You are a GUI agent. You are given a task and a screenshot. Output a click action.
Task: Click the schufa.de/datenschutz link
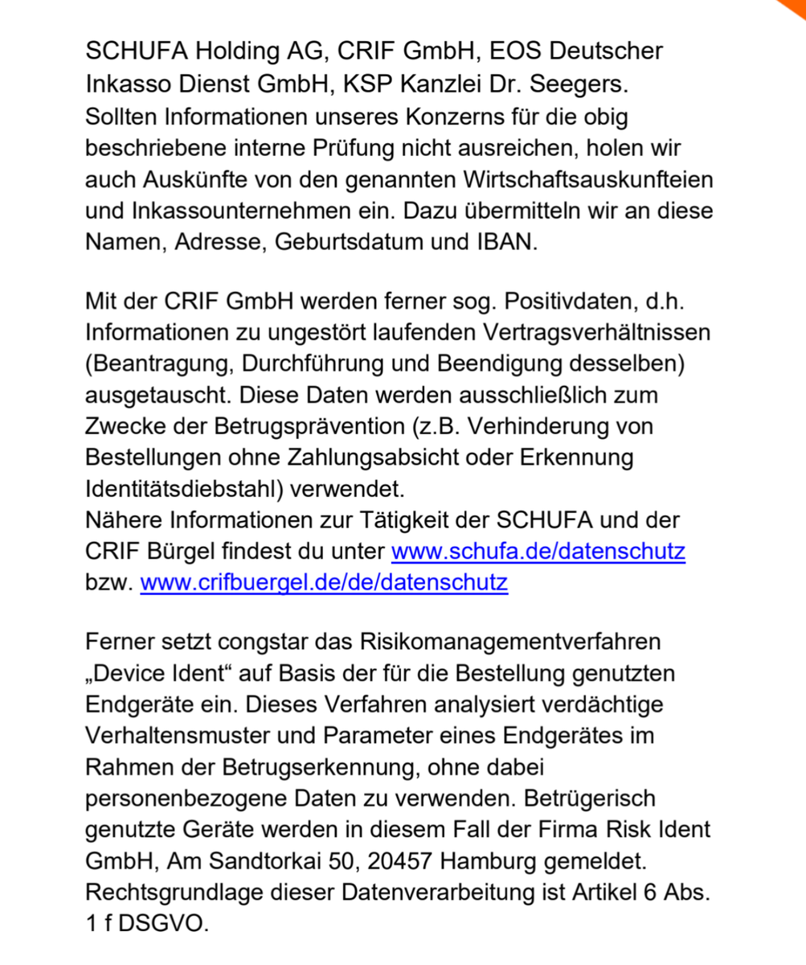(x=538, y=552)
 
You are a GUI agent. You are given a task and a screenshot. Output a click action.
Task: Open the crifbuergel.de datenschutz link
(x=324, y=581)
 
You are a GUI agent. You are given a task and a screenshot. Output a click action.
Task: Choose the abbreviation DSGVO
(x=163, y=922)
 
